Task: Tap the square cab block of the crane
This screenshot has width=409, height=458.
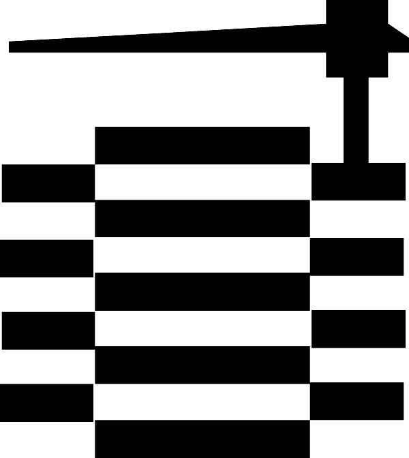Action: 357,38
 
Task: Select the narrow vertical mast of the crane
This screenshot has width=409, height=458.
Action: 356,119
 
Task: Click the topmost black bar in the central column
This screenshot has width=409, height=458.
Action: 202,145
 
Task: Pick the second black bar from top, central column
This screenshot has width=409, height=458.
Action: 202,218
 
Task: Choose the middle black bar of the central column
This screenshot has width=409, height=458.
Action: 202,292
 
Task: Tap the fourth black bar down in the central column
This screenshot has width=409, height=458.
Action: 202,365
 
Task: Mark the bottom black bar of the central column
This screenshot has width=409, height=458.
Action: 202,439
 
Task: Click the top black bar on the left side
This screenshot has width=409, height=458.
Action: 48,183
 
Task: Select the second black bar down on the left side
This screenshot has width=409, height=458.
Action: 46,258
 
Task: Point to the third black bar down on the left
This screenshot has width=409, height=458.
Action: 48,331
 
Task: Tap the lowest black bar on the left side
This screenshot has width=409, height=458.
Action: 46,403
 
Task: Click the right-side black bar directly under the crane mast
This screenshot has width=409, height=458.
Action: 358,181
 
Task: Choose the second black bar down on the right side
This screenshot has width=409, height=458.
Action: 357,256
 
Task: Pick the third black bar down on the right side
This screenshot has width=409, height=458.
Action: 358,329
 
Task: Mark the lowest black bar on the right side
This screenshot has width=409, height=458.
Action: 357,401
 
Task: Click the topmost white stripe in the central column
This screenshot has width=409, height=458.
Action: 202,182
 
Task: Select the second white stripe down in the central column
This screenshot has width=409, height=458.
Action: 202,255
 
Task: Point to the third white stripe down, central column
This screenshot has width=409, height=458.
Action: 202,329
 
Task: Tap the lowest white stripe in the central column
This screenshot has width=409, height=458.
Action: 202,402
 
